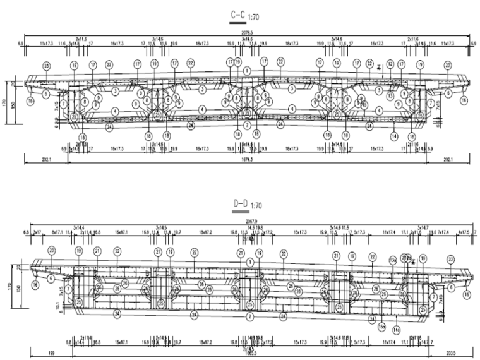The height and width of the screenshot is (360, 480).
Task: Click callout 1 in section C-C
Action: pyautogui.click(x=248, y=71)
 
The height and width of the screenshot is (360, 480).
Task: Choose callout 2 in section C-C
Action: pyautogui.click(x=248, y=125)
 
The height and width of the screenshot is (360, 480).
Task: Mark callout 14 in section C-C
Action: pyautogui.click(x=393, y=136)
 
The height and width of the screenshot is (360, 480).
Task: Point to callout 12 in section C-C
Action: pyautogui.click(x=391, y=64)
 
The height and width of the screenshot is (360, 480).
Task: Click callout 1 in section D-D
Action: pyautogui.click(x=251, y=261)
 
